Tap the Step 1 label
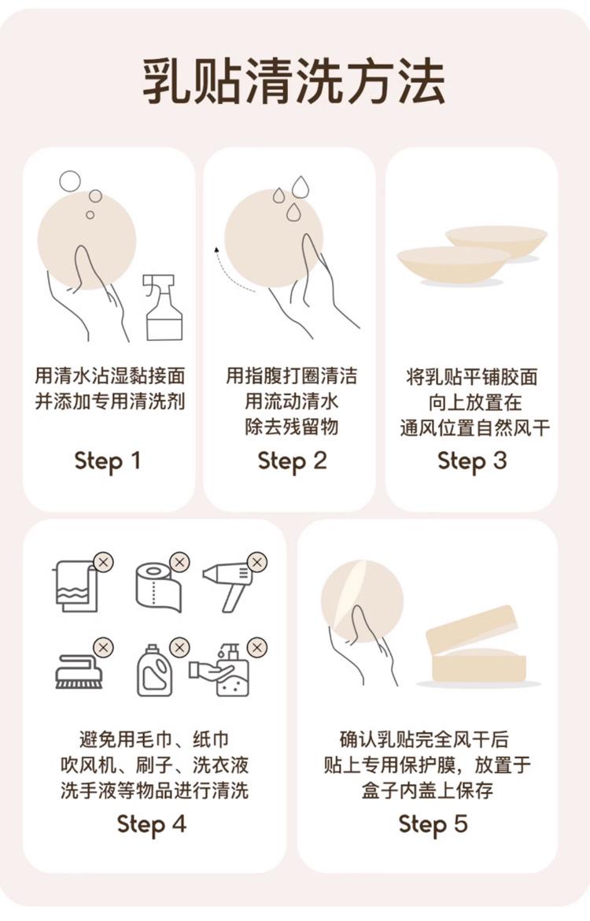pos(108,461)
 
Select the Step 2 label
pos(292,461)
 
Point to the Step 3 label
pos(472,461)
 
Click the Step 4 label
pos(152,824)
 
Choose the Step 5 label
pos(433,824)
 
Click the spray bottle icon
pos(163,307)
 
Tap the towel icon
pos(76,586)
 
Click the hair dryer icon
pos(228,586)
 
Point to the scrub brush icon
pos(79,671)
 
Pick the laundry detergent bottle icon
pos(154,671)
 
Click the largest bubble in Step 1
pos(70,181)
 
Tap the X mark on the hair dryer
pos(256,562)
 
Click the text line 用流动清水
pos(292,402)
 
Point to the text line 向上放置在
pos(474,403)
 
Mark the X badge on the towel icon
pos(103,562)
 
